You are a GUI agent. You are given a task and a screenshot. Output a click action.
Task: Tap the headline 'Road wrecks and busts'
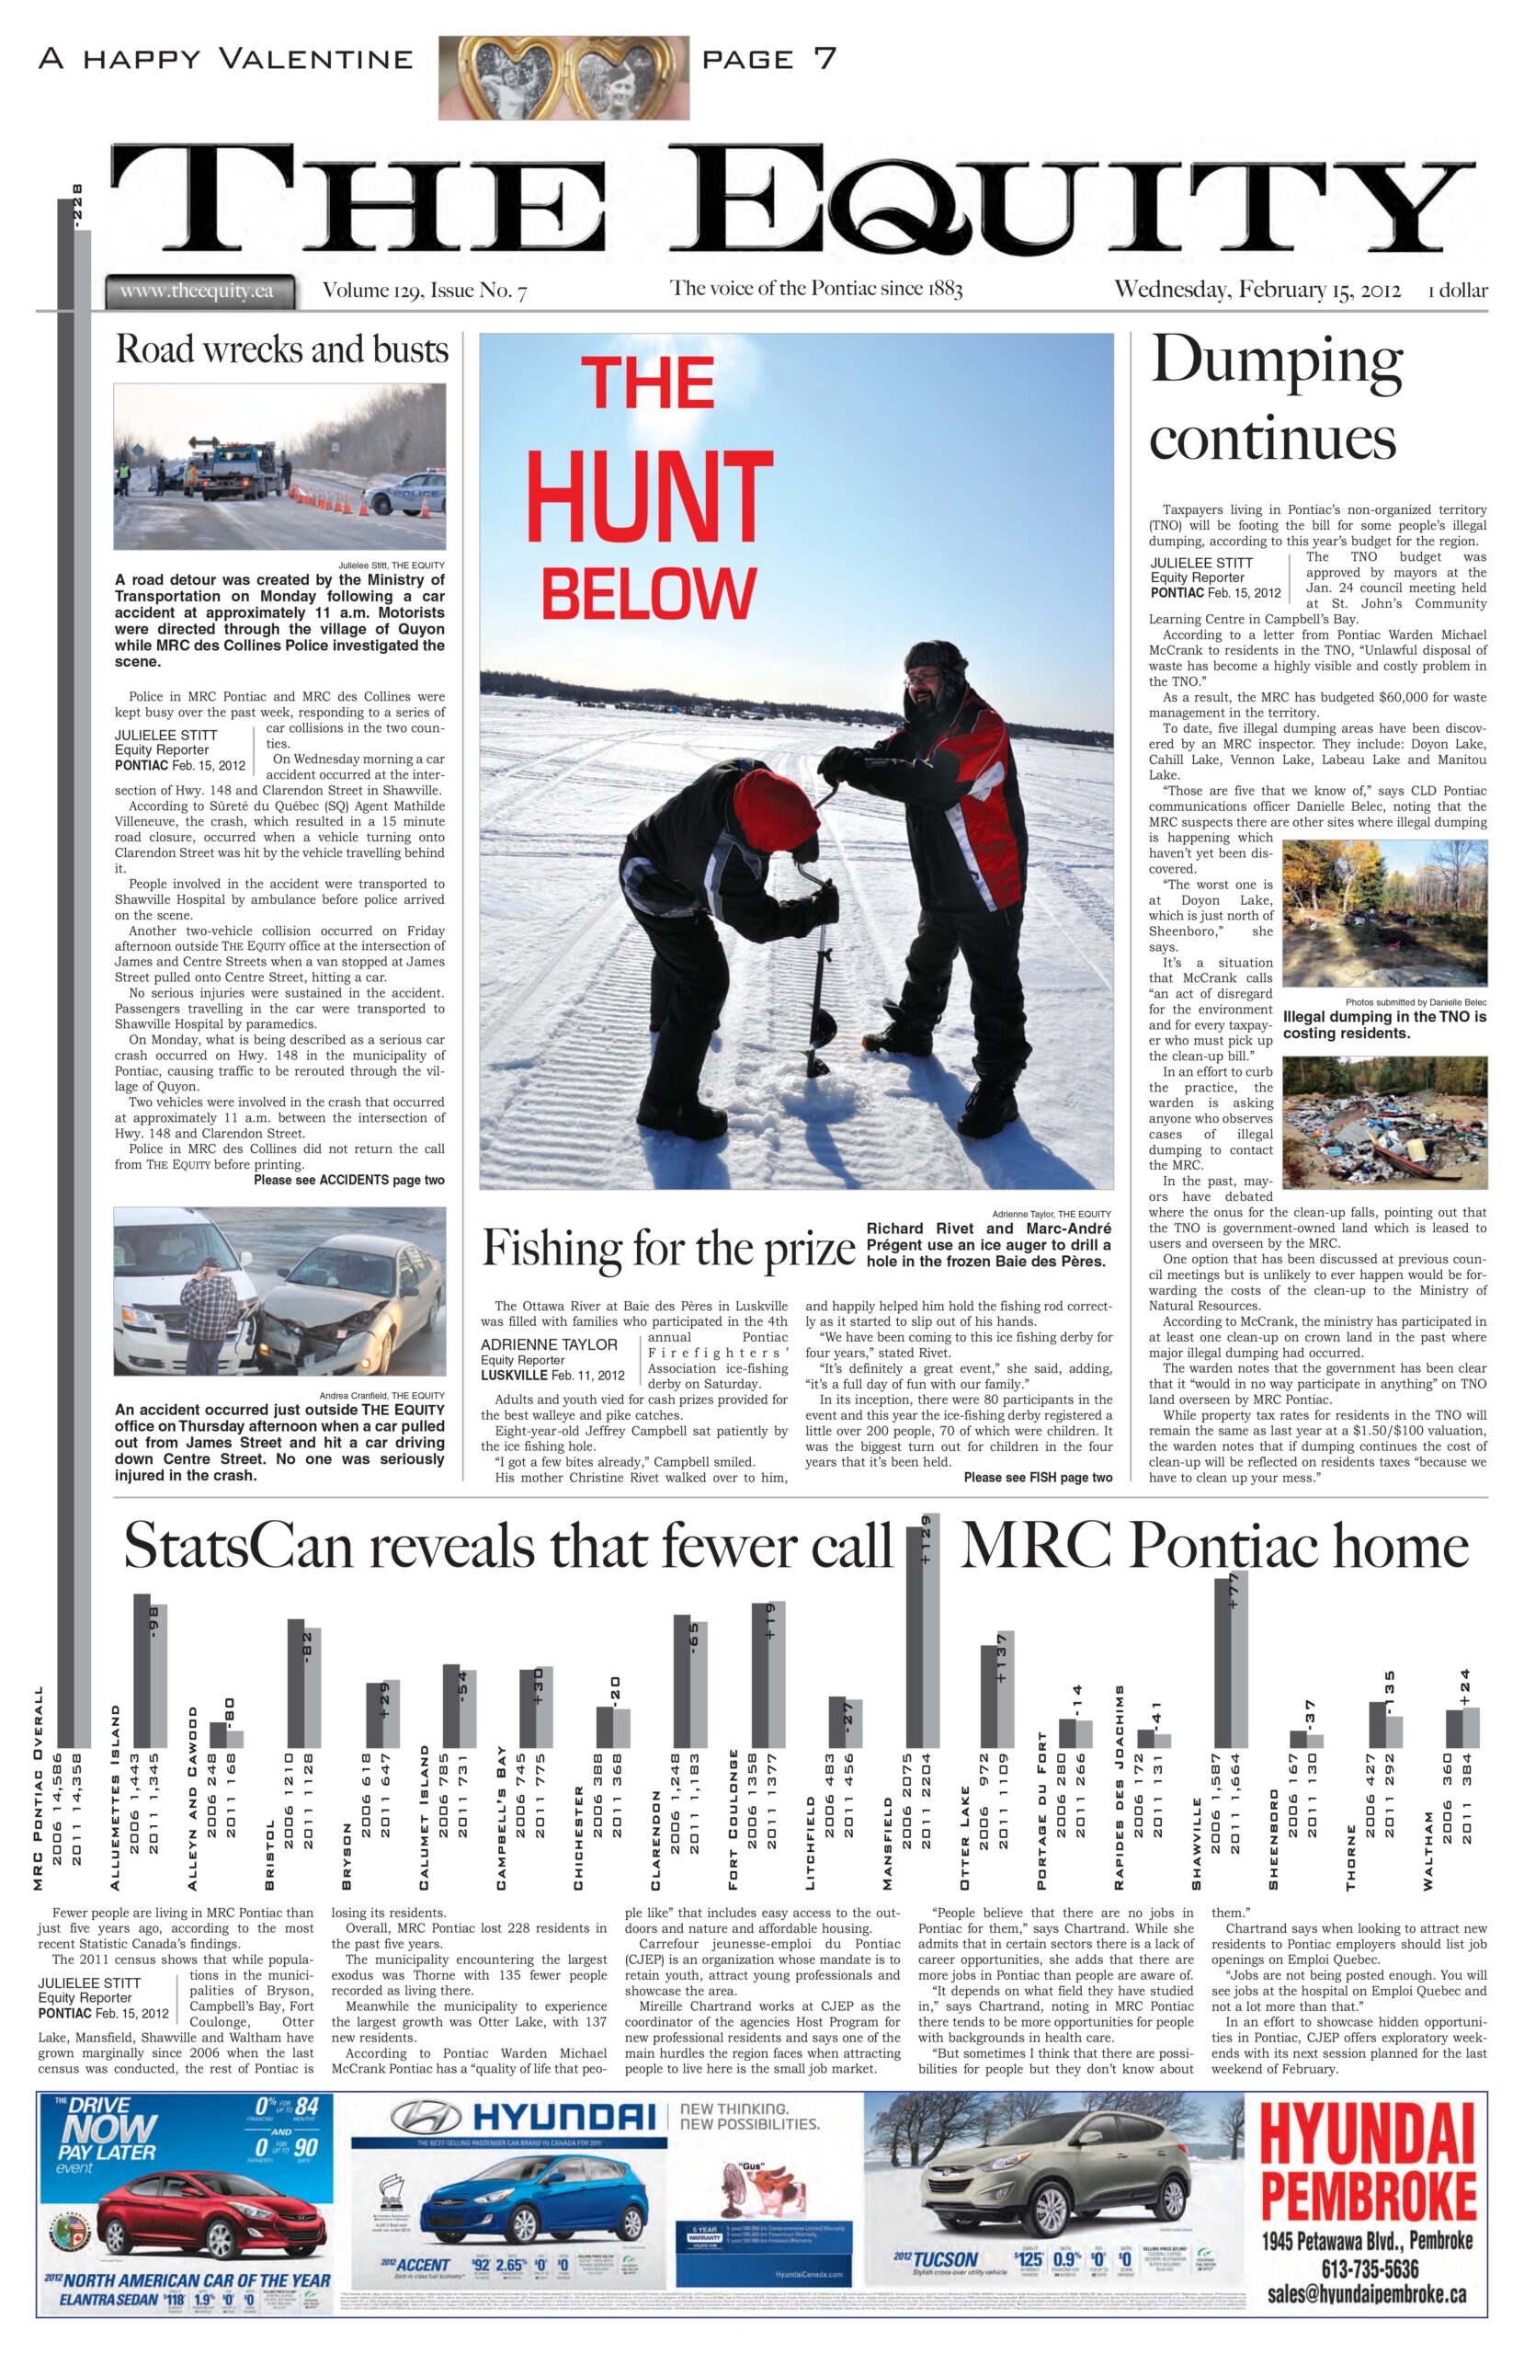coord(282,349)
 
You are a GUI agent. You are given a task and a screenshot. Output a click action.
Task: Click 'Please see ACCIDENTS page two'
coord(349,1180)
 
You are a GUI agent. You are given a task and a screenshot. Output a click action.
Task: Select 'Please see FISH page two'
coord(1038,1478)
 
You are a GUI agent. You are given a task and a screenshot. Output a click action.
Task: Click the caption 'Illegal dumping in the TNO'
coord(1383,1024)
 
